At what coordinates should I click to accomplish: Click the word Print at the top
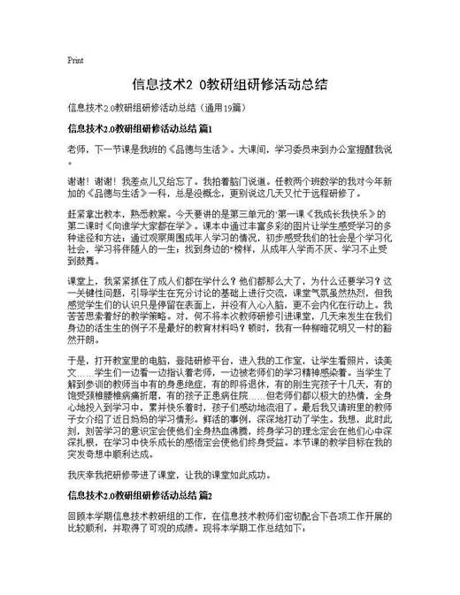coord(75,61)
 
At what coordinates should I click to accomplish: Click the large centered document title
coord(230,85)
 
